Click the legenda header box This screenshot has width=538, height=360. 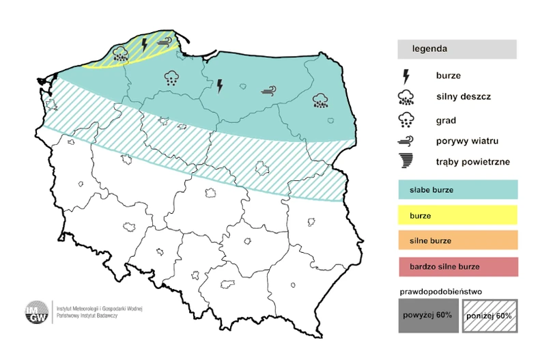[457, 49]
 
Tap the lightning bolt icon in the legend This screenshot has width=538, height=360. [406, 75]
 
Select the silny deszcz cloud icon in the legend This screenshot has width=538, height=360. [406, 97]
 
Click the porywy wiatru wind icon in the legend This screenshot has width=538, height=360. [406, 141]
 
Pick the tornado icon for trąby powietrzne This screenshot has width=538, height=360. [406, 162]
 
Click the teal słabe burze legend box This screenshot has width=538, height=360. [457, 189]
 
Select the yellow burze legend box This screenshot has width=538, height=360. [457, 215]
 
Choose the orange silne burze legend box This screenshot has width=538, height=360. [457, 240]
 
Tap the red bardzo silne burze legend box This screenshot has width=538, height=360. [457, 266]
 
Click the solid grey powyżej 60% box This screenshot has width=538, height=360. [426, 316]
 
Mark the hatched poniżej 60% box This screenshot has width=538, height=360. [489, 316]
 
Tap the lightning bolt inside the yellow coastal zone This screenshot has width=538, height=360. [144, 46]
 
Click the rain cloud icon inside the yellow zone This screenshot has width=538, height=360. [121, 53]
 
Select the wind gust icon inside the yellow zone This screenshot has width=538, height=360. [164, 42]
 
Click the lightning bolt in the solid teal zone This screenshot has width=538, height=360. [220, 85]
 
